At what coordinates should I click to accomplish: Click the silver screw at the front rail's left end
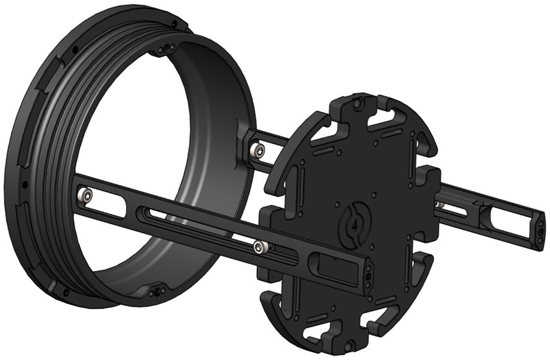84,194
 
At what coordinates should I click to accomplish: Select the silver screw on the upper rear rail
258,151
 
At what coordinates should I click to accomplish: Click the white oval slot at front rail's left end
113,205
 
